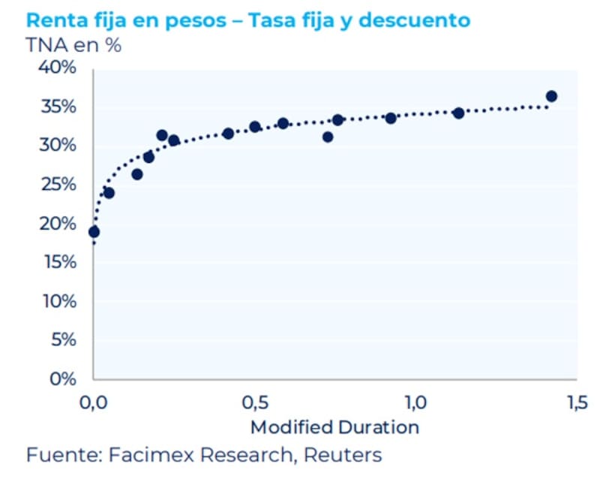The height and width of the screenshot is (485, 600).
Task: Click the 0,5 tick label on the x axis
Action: pyautogui.click(x=255, y=402)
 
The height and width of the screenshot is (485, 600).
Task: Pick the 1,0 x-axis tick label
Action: pyautogui.click(x=415, y=402)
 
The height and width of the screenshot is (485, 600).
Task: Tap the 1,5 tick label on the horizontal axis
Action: pyautogui.click(x=576, y=402)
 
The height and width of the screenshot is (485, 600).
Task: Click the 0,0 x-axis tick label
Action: pyautogui.click(x=94, y=402)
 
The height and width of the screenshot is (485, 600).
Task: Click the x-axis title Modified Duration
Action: pyautogui.click(x=334, y=427)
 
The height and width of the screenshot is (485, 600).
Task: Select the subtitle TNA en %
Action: pyautogui.click(x=73, y=45)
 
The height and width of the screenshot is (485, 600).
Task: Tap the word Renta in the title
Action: pyautogui.click(x=52, y=20)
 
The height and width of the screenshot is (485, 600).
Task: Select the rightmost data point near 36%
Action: pyautogui.click(x=551, y=96)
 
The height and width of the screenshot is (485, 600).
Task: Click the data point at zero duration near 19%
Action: pyautogui.click(x=94, y=232)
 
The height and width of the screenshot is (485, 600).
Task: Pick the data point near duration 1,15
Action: pyautogui.click(x=458, y=113)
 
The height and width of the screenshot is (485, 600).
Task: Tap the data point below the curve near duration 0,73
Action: pyautogui.click(x=328, y=137)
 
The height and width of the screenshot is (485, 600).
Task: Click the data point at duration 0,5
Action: pyautogui.click(x=255, y=127)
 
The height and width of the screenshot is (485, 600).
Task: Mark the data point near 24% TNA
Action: pyautogui.click(x=109, y=193)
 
